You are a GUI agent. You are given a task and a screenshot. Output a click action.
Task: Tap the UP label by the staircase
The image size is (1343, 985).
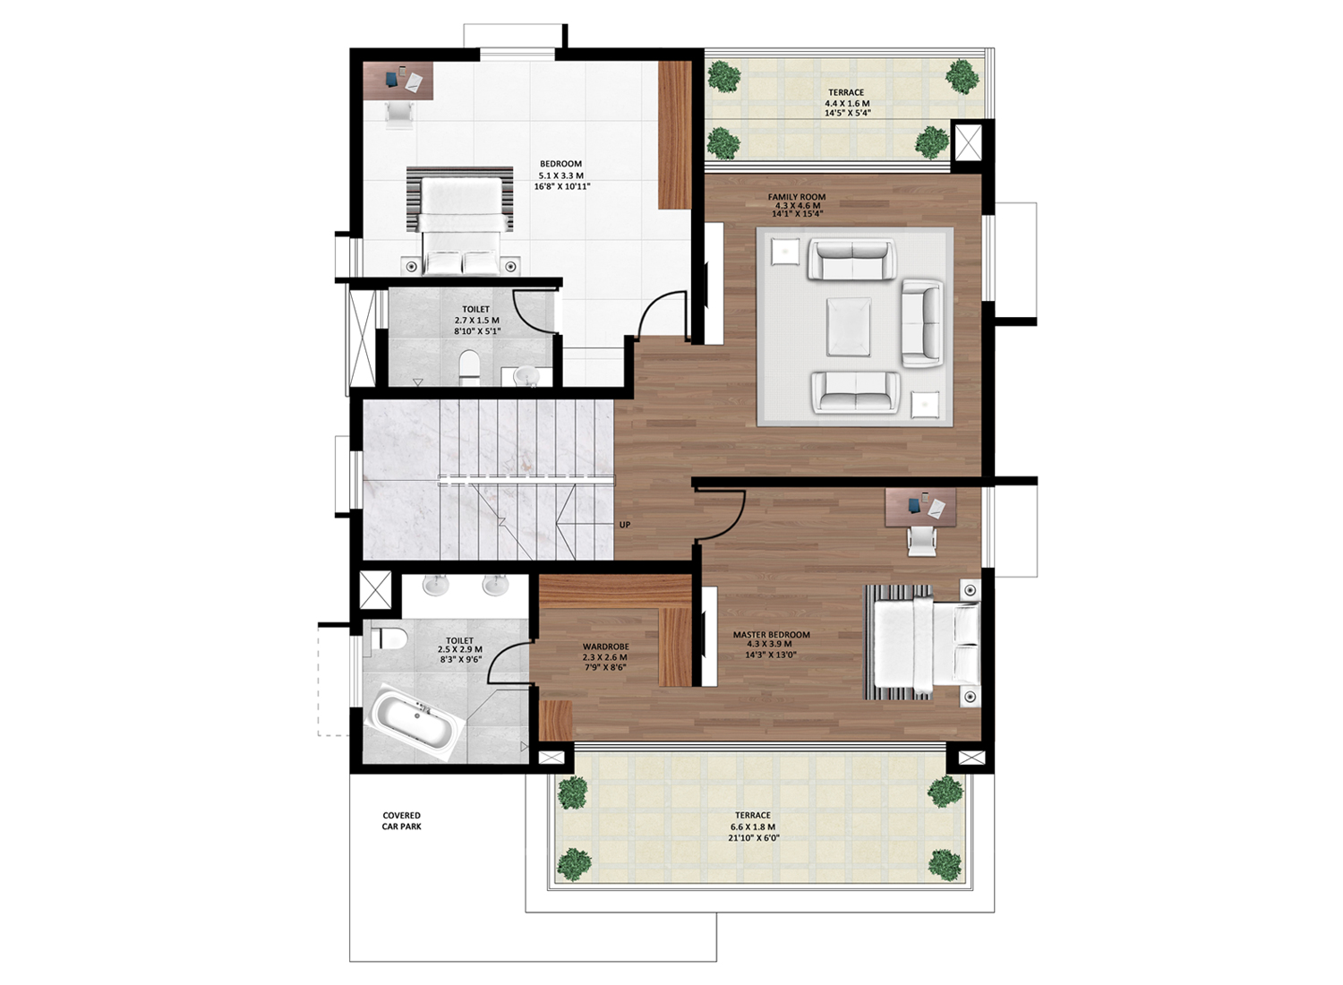625,525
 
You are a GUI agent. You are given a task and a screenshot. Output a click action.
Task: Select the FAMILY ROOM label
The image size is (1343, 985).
797,197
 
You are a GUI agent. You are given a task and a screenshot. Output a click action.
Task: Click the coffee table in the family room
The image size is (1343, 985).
849,327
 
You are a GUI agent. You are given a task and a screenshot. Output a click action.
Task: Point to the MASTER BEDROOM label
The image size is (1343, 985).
771,634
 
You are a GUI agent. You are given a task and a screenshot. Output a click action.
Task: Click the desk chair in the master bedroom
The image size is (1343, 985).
921,540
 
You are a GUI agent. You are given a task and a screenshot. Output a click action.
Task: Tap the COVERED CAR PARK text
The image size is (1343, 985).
402,821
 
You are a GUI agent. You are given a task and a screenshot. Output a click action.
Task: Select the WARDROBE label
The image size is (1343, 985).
606,647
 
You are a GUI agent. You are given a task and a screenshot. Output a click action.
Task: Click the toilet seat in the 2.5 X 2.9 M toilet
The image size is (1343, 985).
389,638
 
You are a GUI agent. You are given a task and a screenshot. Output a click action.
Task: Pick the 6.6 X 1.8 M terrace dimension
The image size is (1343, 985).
752,827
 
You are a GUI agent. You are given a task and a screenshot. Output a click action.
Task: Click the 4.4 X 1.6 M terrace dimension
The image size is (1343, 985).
847,103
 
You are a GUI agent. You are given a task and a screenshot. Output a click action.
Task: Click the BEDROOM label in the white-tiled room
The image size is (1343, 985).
560,164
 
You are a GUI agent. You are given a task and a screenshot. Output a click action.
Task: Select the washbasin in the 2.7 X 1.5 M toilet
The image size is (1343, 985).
529,376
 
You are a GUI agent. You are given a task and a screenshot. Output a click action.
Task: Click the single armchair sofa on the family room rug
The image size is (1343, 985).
921,323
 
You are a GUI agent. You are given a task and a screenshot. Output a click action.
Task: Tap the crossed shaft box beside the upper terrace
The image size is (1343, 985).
967,142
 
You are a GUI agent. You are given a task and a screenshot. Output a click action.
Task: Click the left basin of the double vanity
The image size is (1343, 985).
436,585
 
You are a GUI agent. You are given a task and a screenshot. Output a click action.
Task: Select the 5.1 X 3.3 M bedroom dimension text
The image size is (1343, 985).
561,176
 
